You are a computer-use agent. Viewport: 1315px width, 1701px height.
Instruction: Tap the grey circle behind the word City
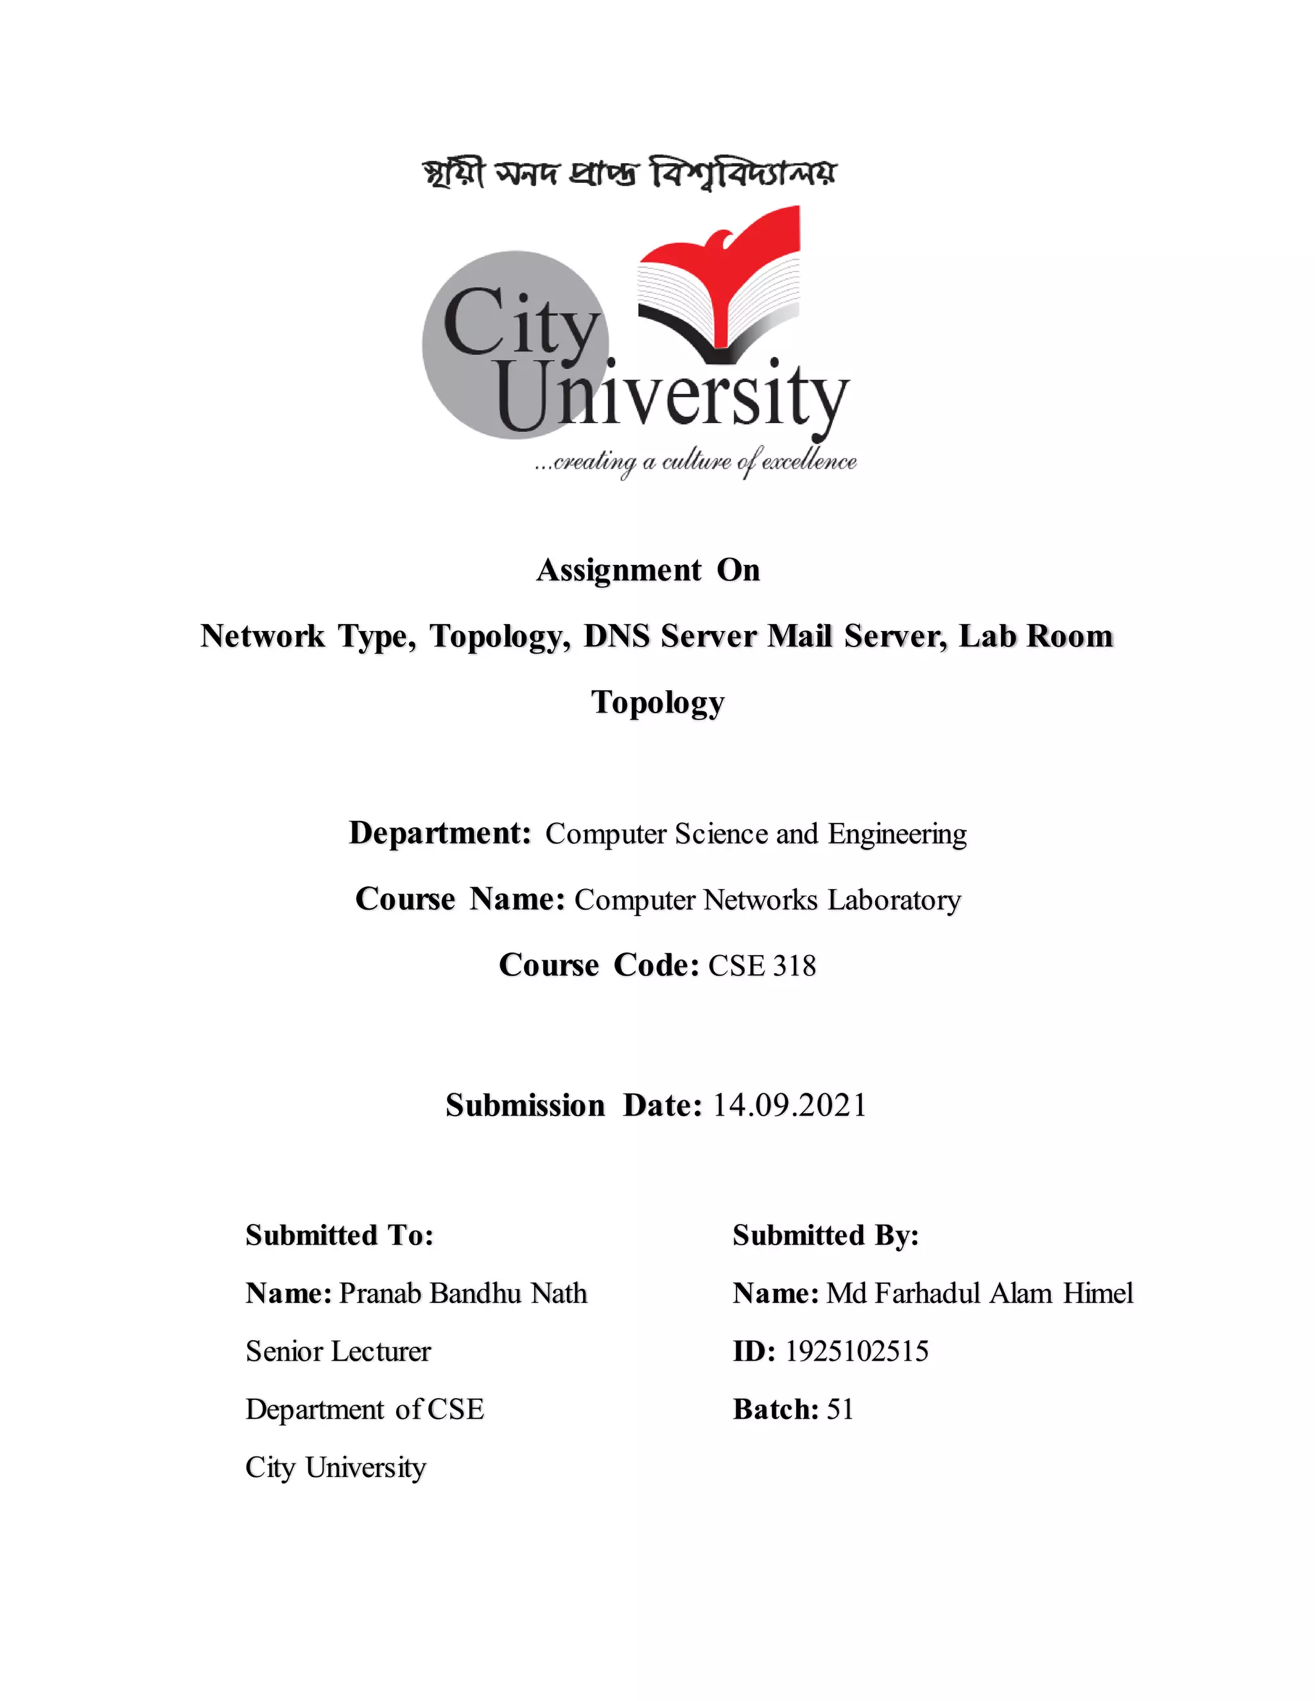[467, 382]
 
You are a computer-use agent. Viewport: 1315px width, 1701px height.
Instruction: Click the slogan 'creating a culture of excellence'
[695, 462]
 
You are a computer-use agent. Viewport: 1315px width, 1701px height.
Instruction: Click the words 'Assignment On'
[648, 570]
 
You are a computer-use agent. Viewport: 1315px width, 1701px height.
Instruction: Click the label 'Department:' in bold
[440, 833]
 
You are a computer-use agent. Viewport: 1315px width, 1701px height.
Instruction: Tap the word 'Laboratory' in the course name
[894, 899]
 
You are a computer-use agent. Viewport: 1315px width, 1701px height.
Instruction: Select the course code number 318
[795, 966]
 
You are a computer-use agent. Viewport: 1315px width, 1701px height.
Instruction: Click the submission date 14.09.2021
[789, 1105]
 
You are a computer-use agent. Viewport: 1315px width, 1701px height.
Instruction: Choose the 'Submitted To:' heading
[340, 1235]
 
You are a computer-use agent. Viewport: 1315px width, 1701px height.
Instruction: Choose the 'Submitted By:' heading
[826, 1235]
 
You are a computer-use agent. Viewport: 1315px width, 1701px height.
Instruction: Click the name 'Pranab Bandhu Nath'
[463, 1293]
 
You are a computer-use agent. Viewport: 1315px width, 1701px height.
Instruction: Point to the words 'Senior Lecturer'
[338, 1351]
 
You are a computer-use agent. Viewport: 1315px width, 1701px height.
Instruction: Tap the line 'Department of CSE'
[365, 1409]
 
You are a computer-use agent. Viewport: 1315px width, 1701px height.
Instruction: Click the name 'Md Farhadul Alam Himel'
[979, 1293]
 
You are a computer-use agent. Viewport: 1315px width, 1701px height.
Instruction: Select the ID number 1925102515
[856, 1351]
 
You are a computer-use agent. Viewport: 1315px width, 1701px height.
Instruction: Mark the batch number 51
[840, 1409]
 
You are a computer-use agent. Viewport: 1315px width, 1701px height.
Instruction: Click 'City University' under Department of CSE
[336, 1467]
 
